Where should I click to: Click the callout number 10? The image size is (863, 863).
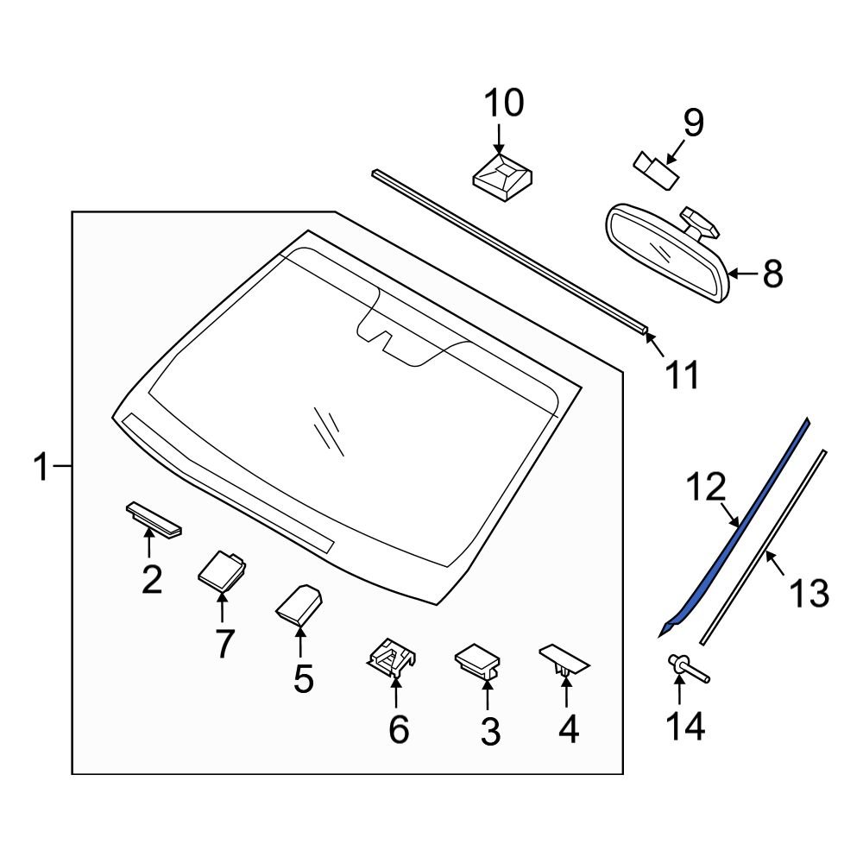tap(503, 104)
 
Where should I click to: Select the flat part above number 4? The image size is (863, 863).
tap(564, 659)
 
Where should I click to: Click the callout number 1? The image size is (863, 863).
tap(41, 468)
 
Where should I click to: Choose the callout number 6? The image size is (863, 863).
tap(398, 730)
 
